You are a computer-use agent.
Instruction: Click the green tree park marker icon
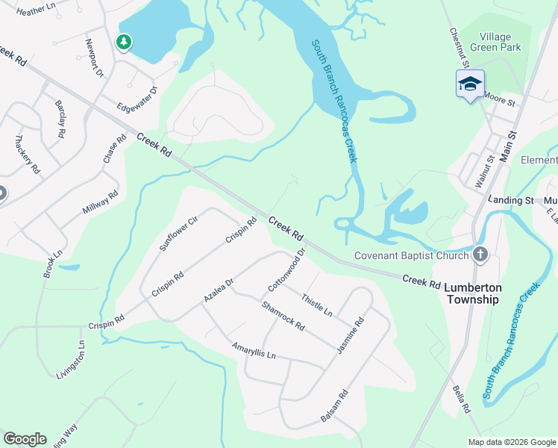tap(124, 43)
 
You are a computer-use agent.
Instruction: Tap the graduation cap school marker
tap(470, 84)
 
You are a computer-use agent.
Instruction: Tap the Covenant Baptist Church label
tap(411, 255)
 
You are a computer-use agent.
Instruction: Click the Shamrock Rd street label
tap(283, 316)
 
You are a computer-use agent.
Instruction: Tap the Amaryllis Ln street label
tap(254, 350)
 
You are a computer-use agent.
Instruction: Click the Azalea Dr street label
tap(219, 290)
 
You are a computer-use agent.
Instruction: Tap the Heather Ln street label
tap(36, 10)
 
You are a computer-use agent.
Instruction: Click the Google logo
tap(25, 439)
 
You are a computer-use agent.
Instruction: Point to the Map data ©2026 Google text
tap(511, 442)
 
